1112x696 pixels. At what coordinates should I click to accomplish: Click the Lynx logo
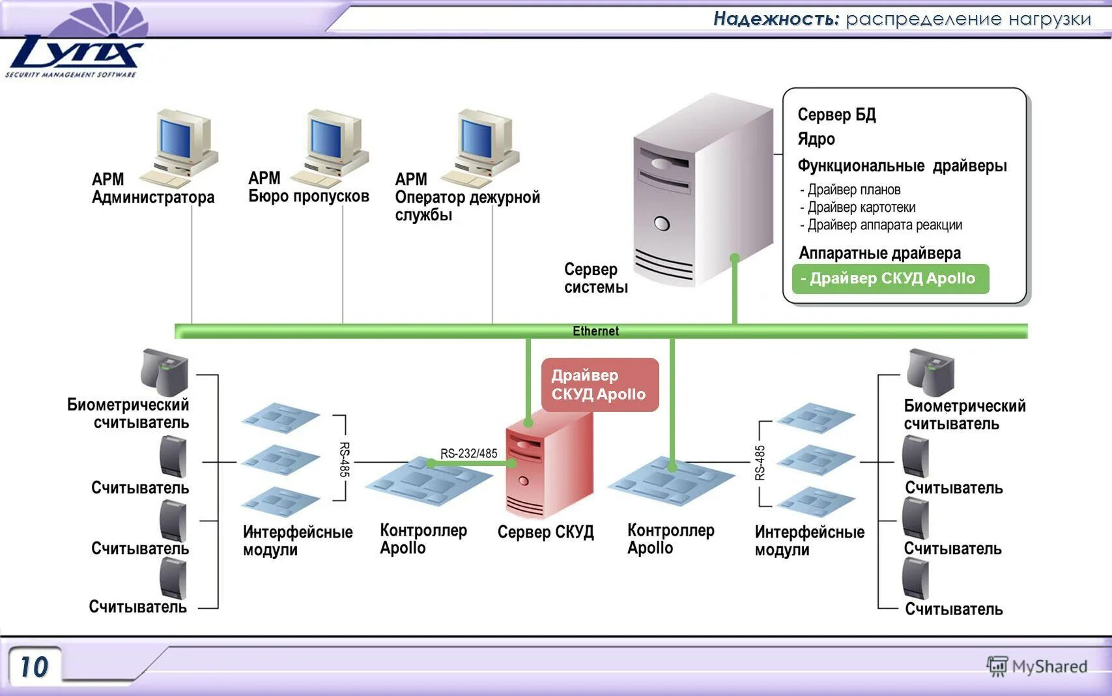(74, 40)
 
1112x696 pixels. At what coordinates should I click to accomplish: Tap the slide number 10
(35, 666)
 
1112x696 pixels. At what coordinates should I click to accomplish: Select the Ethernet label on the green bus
(595, 331)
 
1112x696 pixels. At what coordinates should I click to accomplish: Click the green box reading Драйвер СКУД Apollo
(890, 279)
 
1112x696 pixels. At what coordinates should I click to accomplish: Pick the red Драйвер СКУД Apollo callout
(600, 384)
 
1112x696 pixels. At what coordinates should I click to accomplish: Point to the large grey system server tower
(703, 190)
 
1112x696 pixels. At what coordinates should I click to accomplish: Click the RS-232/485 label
(468, 453)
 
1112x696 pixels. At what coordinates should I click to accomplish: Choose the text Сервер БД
(836, 115)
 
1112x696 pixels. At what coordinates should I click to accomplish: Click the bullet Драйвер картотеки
(858, 207)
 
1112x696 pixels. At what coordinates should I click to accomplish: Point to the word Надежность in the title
(776, 19)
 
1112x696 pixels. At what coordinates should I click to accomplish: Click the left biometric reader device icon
(164, 372)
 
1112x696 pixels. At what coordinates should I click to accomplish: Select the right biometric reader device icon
(930, 372)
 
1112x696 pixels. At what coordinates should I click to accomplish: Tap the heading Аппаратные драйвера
(879, 254)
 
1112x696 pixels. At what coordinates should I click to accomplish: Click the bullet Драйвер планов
(850, 189)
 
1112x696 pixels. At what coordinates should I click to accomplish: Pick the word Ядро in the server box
(816, 139)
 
